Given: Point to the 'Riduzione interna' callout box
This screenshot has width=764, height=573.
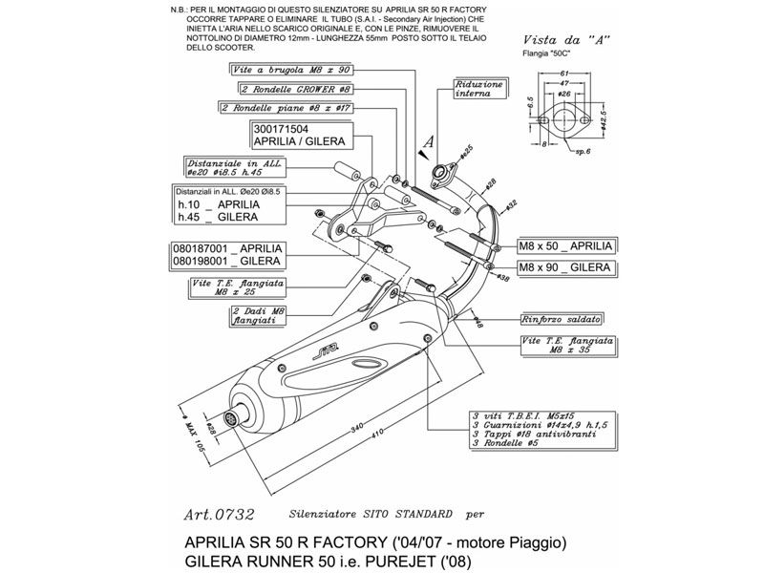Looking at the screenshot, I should coord(478,90).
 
